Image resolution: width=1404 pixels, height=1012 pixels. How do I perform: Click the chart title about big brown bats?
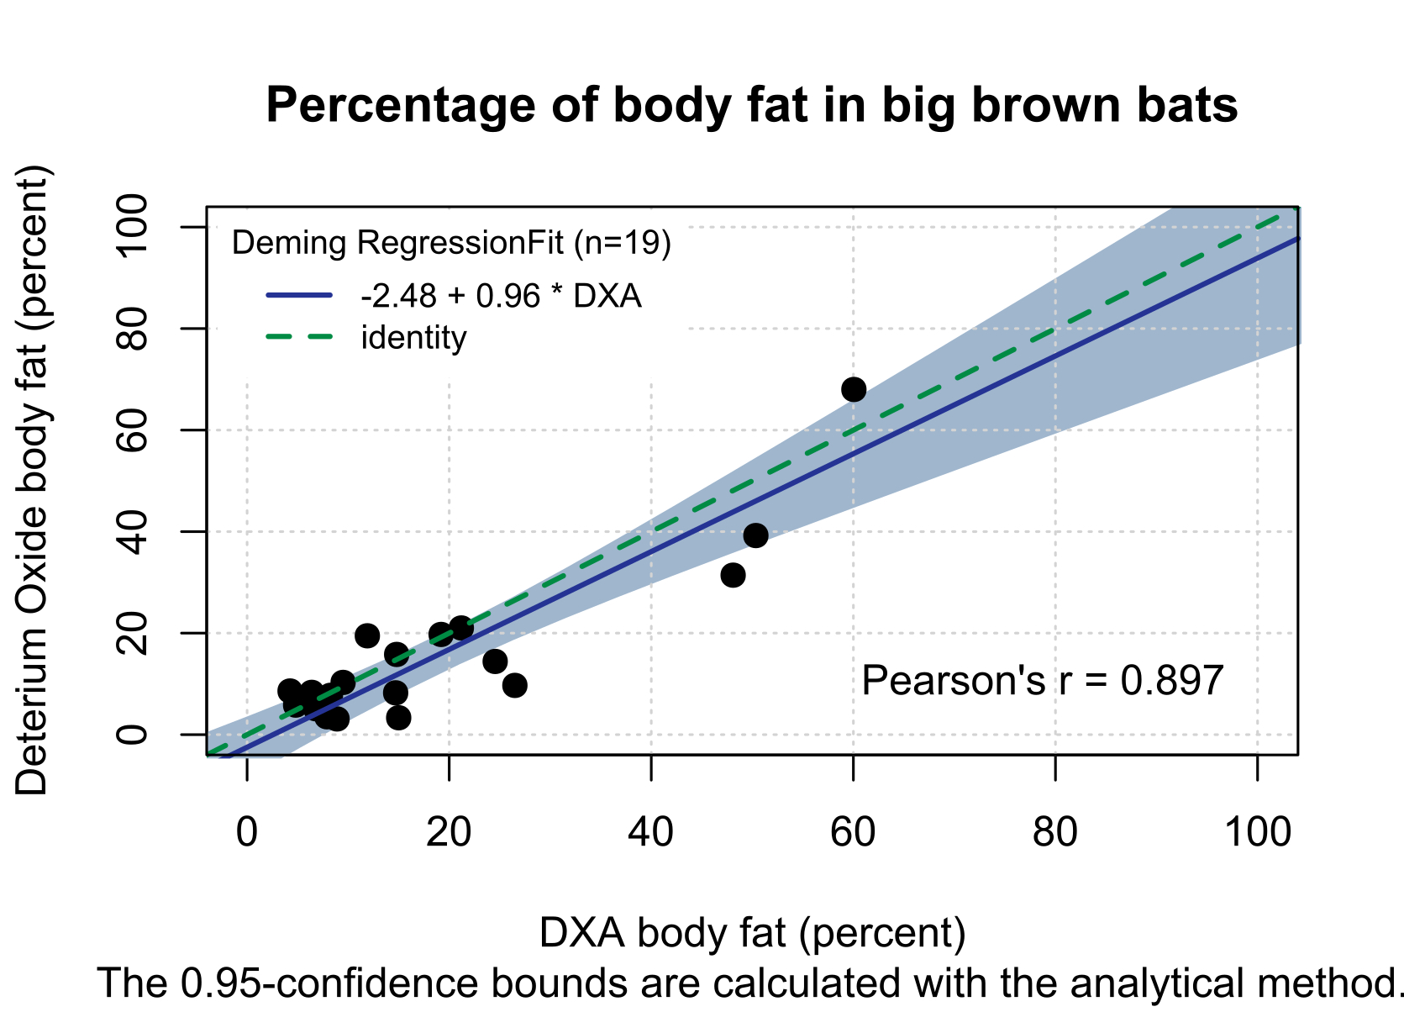(x=751, y=106)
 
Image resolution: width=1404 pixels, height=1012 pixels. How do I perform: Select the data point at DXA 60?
(x=854, y=389)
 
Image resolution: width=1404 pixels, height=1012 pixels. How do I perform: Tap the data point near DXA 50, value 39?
(x=755, y=535)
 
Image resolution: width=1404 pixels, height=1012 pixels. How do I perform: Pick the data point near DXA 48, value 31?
(x=733, y=576)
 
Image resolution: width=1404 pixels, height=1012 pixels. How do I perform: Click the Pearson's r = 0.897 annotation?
(x=1042, y=681)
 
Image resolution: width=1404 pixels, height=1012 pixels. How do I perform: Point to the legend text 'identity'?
(x=413, y=338)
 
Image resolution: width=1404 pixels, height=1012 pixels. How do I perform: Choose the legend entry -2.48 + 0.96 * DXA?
(x=501, y=296)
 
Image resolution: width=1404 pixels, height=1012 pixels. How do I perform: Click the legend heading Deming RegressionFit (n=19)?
(x=451, y=243)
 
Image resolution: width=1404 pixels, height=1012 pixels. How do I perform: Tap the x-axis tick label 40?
(x=651, y=832)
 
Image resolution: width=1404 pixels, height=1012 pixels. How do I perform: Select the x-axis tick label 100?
(x=1257, y=832)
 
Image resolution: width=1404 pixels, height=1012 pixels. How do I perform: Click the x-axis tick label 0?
(x=247, y=832)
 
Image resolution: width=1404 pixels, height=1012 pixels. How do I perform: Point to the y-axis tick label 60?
(x=133, y=430)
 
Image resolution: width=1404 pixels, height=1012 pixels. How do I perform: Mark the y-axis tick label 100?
(x=133, y=227)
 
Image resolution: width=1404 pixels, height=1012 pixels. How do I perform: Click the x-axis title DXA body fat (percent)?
(x=752, y=933)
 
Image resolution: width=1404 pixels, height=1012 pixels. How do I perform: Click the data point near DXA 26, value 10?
(x=515, y=685)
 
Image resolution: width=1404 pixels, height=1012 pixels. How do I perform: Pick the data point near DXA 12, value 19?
(x=367, y=635)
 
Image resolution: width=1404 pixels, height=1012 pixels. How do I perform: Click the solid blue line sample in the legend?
(x=300, y=295)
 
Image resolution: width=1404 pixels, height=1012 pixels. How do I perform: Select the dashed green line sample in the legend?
(x=300, y=337)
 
